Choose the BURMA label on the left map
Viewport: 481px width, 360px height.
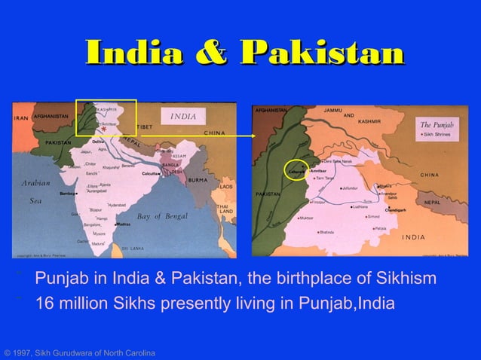[198, 180]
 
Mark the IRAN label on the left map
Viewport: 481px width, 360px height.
[19, 117]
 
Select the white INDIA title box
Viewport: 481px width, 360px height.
[182, 117]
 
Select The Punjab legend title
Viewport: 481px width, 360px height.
[437, 123]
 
